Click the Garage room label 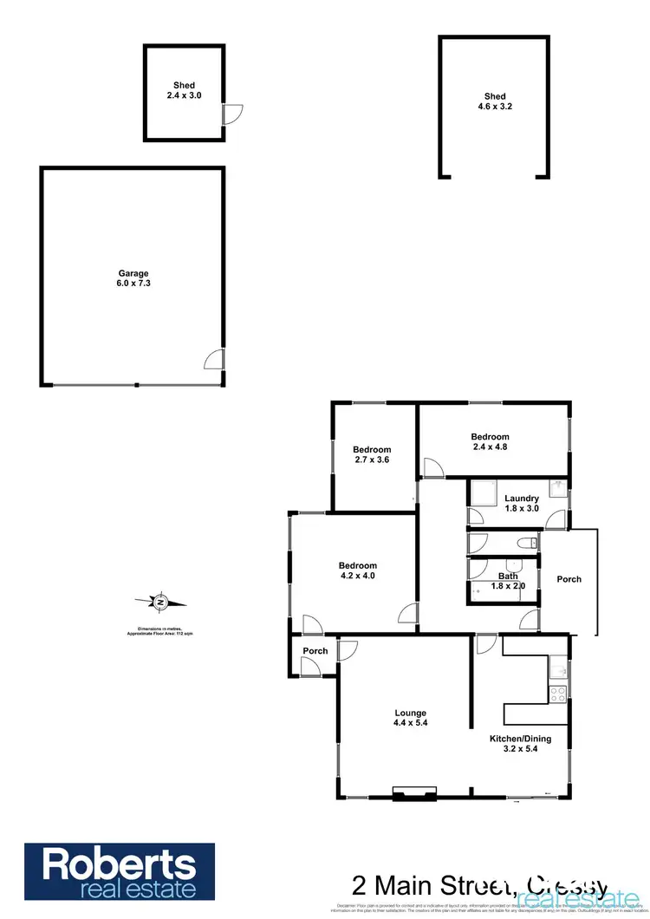click(133, 274)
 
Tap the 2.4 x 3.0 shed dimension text click(184, 96)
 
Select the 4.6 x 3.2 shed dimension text click(494, 108)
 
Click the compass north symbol click(159, 600)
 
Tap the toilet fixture click(523, 544)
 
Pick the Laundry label click(522, 499)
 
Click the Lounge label click(410, 714)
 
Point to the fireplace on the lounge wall click(414, 792)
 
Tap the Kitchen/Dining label click(520, 739)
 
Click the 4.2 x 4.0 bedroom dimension click(358, 575)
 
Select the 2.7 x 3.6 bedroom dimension click(372, 460)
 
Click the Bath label click(508, 577)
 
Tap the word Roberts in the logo click(119, 864)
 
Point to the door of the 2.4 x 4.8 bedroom click(432, 469)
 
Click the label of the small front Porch click(315, 651)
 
